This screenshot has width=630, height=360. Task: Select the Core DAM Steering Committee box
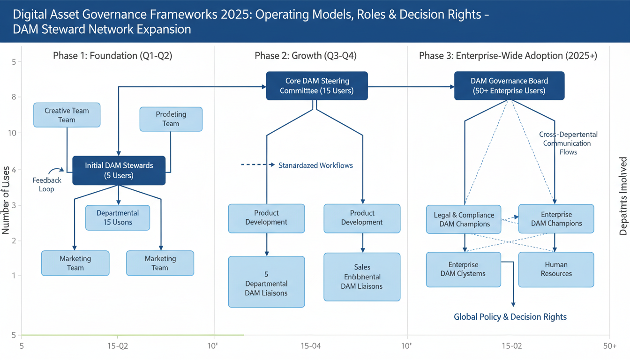[x=317, y=86]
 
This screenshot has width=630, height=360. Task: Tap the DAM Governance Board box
[x=509, y=86]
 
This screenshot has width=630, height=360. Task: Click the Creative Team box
[x=67, y=115]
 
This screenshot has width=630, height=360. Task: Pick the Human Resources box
[x=556, y=270]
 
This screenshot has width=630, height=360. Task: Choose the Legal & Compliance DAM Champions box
[x=464, y=219]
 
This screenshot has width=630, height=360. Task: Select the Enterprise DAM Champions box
[x=556, y=219]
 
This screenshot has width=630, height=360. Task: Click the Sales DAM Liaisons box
[x=362, y=277]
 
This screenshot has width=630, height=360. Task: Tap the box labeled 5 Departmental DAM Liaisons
[x=266, y=282]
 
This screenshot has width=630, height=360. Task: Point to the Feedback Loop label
[x=47, y=185]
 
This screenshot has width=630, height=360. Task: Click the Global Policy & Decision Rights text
[x=510, y=317]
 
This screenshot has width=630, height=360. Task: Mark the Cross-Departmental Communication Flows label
[x=568, y=143]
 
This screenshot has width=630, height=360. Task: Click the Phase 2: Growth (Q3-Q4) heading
[x=306, y=56]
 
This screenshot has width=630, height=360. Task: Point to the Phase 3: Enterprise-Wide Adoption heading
[x=508, y=56]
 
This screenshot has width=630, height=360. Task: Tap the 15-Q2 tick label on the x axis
[x=117, y=346]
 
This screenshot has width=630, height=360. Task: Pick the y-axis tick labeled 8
[x=14, y=97]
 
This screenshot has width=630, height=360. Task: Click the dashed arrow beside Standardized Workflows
[x=257, y=165]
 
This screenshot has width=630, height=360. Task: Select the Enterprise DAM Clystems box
[x=463, y=270]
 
